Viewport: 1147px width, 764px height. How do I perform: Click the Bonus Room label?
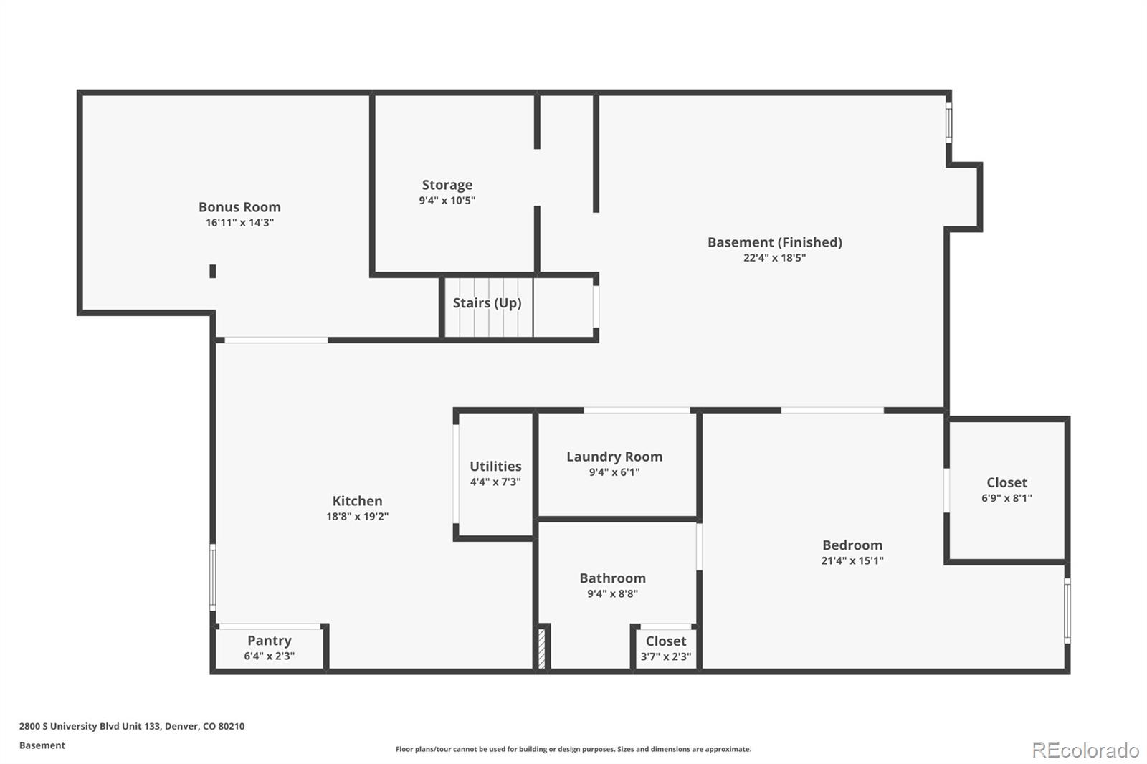[x=239, y=207]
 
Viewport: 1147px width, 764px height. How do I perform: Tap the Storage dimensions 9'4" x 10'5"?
[x=447, y=201]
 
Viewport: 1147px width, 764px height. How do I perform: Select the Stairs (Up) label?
[x=487, y=303]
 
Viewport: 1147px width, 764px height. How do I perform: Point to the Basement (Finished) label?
[x=774, y=242]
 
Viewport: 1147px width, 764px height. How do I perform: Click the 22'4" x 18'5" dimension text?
[x=774, y=258]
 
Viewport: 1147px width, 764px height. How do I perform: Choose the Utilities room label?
[x=495, y=467]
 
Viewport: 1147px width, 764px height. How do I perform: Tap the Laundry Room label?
[x=614, y=457]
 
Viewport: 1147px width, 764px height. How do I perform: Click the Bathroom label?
[x=612, y=578]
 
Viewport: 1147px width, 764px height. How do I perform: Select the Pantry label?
[x=269, y=641]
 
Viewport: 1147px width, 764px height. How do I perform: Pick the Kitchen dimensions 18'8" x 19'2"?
[x=357, y=517]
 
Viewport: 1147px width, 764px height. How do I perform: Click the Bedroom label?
[x=852, y=545]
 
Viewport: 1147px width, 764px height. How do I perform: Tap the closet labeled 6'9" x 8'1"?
[x=1006, y=490]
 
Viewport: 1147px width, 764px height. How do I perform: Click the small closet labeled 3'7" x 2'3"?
[x=665, y=649]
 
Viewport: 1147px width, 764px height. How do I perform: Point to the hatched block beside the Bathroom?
[x=543, y=647]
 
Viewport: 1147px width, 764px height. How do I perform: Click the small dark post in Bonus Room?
[x=213, y=271]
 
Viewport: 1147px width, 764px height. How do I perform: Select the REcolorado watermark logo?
[x=1085, y=750]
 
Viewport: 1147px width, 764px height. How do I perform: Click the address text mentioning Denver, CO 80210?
[x=132, y=726]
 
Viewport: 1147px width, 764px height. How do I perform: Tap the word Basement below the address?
[x=42, y=745]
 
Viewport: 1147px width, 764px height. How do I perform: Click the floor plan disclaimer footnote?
[x=573, y=749]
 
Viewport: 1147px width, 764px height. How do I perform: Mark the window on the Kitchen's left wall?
[x=212, y=577]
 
